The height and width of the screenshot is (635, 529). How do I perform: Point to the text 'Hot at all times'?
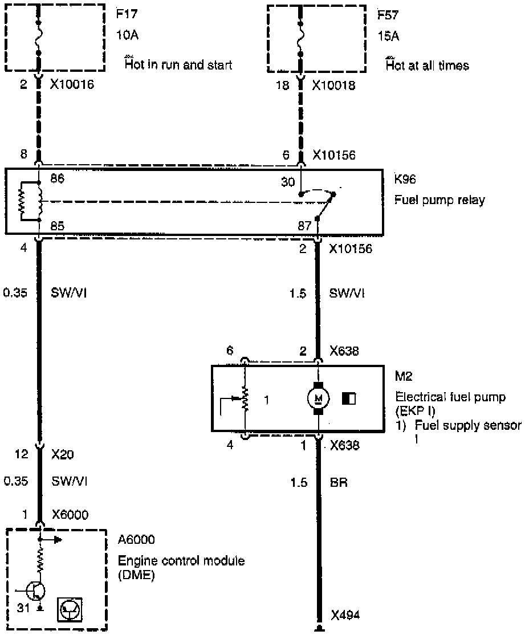pyautogui.click(x=427, y=66)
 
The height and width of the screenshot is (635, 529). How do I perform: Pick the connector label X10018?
pyautogui.click(x=334, y=86)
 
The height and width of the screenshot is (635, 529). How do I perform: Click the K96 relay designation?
pyautogui.click(x=405, y=180)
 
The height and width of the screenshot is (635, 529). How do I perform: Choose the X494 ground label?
pyautogui.click(x=346, y=615)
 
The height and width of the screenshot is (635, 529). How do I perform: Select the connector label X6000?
pyautogui.click(x=70, y=514)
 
